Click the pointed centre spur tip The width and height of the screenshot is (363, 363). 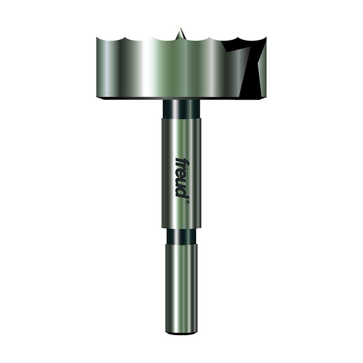tap(180, 28)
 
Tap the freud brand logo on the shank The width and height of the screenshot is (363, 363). tap(182, 177)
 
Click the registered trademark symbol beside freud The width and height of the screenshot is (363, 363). tap(188, 201)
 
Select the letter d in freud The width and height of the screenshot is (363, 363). tap(181, 192)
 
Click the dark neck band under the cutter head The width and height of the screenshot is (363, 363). tap(181, 108)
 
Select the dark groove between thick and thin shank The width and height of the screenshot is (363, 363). tap(181, 235)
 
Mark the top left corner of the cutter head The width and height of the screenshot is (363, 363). tap(97, 38)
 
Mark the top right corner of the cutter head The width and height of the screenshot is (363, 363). tap(265, 38)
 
